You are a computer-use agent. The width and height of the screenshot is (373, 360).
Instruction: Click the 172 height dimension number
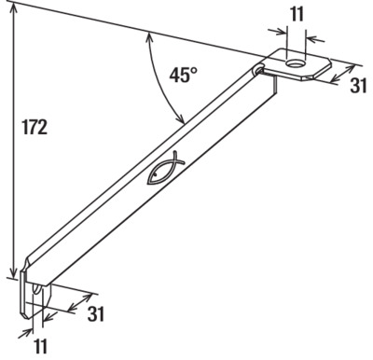[x=35, y=127]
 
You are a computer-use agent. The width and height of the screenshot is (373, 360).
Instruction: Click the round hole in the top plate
[x=296, y=64]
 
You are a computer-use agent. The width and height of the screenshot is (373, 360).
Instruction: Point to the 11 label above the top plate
[x=297, y=14]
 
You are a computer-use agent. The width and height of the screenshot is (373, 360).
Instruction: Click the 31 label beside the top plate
[x=358, y=85]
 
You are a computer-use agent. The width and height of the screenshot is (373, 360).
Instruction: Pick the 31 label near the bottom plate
[x=95, y=313]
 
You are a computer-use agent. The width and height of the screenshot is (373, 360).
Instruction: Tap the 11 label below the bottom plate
[x=40, y=346]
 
